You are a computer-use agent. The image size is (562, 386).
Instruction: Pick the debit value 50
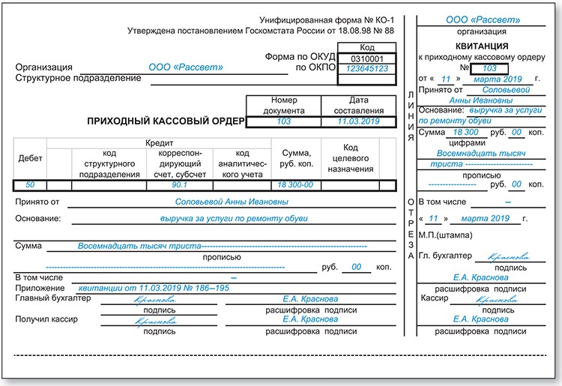(x=30, y=184)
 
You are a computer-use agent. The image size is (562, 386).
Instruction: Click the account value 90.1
(x=179, y=184)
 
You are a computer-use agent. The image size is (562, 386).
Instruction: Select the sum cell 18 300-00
(x=295, y=184)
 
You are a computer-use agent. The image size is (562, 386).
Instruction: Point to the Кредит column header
(x=160, y=142)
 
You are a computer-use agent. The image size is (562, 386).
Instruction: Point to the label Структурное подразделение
(x=78, y=78)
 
